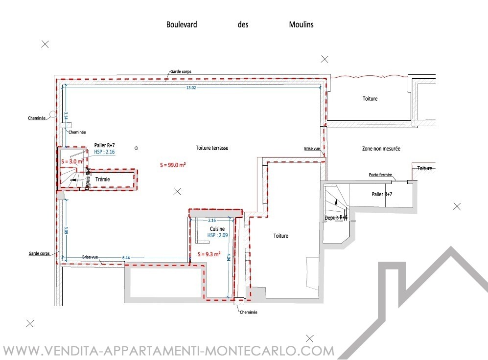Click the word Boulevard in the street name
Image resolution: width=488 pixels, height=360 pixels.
182,24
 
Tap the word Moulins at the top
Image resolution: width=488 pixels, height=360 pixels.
302,24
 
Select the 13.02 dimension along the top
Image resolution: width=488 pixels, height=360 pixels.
191,88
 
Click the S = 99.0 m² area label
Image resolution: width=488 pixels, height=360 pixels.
173,164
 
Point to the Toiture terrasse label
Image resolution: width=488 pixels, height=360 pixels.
212,148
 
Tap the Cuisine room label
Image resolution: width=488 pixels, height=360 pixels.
217,229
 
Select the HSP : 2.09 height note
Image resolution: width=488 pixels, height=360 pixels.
218,235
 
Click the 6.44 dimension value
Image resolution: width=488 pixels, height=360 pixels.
126,257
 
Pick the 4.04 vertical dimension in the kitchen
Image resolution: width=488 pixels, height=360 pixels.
229,257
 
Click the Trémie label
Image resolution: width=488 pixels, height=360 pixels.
103,180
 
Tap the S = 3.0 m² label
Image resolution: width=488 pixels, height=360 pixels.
70,161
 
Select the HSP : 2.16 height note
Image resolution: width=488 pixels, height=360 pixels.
104,152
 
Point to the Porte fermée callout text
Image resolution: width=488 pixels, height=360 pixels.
380,175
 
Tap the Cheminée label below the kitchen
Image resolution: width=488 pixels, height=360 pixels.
248,312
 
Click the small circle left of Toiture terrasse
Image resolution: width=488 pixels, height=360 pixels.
137,148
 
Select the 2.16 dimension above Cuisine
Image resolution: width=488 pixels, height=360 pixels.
212,221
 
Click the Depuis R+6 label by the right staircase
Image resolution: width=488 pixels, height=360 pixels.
336,218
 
